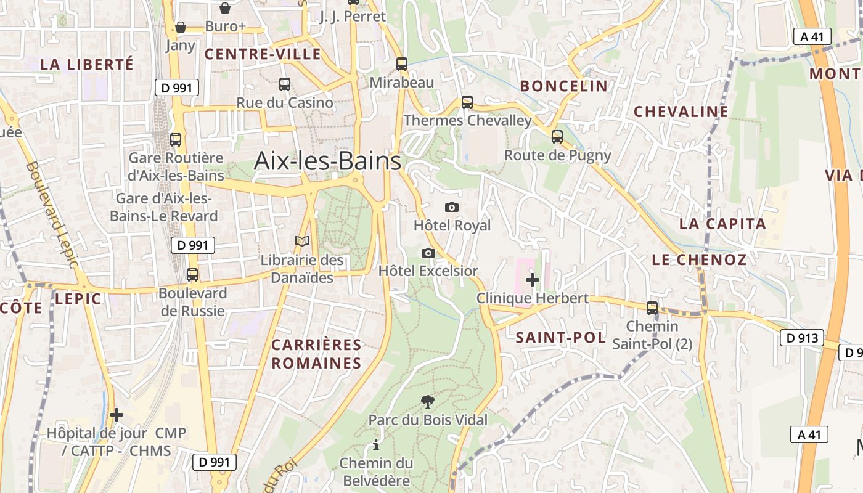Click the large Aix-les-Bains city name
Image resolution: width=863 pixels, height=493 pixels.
click(327, 161)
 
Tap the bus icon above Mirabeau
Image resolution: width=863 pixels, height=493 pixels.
click(402, 63)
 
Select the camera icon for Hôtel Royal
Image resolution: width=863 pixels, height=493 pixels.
click(452, 207)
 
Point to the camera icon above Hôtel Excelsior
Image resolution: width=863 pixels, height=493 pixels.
click(428, 253)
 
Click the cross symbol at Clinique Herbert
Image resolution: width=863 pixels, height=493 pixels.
click(533, 280)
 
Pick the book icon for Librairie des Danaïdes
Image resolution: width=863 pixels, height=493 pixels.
click(302, 242)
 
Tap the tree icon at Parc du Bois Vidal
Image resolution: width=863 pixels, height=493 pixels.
click(427, 402)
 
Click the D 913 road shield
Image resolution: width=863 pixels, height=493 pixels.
click(802, 338)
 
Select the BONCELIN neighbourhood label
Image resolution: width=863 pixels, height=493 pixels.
click(564, 86)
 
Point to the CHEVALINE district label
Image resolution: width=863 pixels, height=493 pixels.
click(681, 112)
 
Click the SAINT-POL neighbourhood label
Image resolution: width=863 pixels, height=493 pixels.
click(560, 337)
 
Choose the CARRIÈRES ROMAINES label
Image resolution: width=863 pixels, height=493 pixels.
click(316, 354)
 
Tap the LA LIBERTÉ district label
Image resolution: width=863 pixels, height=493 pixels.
click(87, 64)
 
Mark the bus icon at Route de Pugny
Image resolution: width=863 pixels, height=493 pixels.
click(557, 137)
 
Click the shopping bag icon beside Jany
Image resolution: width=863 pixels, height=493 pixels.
click(181, 27)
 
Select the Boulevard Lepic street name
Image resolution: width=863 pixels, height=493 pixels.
click(53, 214)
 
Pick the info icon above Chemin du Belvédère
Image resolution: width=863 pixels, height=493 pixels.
click(376, 445)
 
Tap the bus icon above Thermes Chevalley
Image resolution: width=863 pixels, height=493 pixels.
click(467, 102)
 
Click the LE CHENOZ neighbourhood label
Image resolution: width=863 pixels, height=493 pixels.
click(699, 259)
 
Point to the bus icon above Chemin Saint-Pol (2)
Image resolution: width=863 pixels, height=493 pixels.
click(652, 308)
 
